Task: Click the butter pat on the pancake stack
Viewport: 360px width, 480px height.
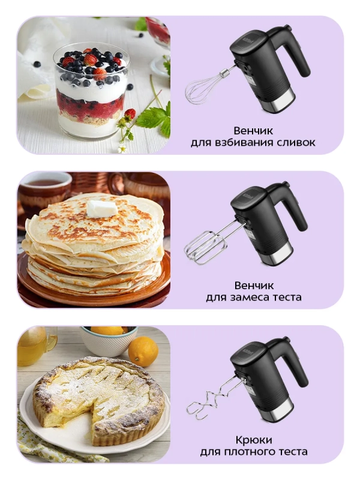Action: point(102,208)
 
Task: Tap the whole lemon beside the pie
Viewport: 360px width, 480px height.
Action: point(143,352)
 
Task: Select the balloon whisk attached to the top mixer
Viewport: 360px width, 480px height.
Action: point(204,88)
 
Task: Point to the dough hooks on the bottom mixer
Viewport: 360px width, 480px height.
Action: point(207,399)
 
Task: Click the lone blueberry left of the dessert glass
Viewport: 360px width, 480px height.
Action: point(37,64)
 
